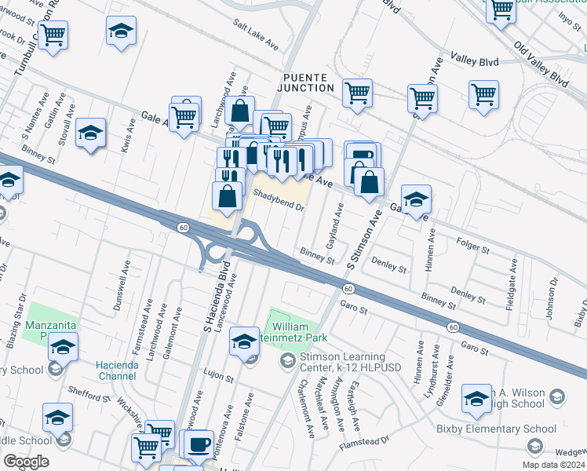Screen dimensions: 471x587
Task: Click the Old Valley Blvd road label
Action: tap(541, 62)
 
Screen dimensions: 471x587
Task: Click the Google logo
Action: tap(26, 462)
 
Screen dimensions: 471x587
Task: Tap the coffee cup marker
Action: tap(200, 443)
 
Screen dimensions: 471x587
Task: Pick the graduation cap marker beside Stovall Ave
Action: tap(91, 133)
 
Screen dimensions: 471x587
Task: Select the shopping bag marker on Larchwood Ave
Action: tap(242, 111)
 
